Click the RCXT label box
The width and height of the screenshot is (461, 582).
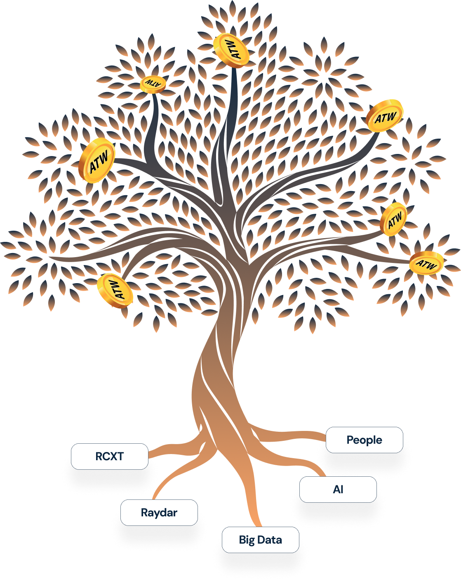109,457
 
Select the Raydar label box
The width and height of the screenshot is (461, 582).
159,513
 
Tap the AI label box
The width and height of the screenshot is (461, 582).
338,490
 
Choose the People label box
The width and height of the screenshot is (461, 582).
364,440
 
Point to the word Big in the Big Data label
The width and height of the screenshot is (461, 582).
247,540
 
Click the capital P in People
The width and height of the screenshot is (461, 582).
350,440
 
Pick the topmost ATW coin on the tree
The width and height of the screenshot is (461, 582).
231,50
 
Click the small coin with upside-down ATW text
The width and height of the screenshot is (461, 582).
153,84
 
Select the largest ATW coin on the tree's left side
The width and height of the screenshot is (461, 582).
97,161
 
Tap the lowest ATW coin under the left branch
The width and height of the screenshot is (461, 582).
115,291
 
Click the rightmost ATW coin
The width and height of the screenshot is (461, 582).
426,263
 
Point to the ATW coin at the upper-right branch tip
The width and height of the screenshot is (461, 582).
385,116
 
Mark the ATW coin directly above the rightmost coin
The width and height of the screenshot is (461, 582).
394,219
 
